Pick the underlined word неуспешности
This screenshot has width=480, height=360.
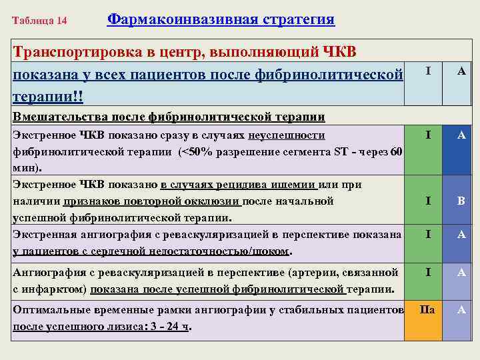[x=287, y=135]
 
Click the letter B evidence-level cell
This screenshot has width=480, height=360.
[x=461, y=200]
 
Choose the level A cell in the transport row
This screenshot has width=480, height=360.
[x=461, y=70]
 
